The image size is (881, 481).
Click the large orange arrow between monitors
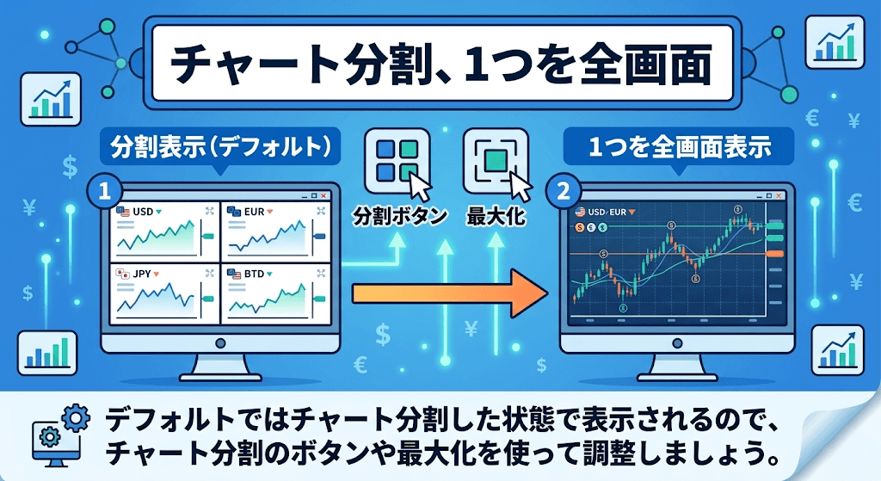pyautogui.click(x=449, y=293)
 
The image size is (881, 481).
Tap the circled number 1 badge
pyautogui.click(x=104, y=192)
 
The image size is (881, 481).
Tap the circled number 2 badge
pyautogui.click(x=563, y=192)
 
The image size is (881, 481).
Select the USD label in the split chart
pyautogui.click(x=143, y=212)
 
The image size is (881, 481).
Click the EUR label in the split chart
pyautogui.click(x=254, y=212)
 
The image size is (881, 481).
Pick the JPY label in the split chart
pyautogui.click(x=142, y=274)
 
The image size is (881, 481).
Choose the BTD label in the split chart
pyautogui.click(x=254, y=274)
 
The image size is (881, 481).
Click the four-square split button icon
pyautogui.click(x=397, y=160)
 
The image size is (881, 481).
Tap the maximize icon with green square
pyautogui.click(x=496, y=160)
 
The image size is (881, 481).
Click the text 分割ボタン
pyautogui.click(x=399, y=216)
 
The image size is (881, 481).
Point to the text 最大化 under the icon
pyautogui.click(x=496, y=216)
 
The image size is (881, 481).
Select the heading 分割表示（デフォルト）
pyautogui.click(x=220, y=146)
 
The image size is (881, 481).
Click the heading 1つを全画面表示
pyautogui.click(x=679, y=146)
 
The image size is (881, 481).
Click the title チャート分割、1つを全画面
pyautogui.click(x=441, y=64)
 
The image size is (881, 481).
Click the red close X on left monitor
pyautogui.click(x=323, y=195)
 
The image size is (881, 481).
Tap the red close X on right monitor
pyautogui.click(x=779, y=195)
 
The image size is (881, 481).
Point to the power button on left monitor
pyautogui.click(x=220, y=342)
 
